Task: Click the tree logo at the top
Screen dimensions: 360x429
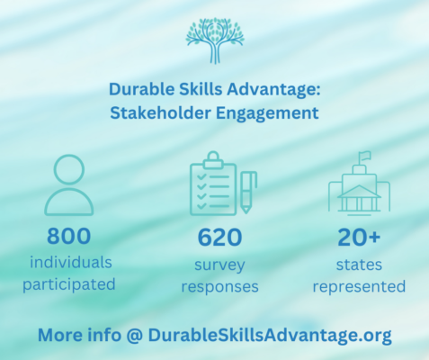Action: tap(214, 40)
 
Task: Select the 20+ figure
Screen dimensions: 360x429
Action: tap(365, 238)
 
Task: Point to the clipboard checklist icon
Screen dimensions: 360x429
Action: tap(221, 184)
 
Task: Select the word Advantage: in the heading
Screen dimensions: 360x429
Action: tap(278, 91)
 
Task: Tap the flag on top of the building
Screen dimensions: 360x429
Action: tap(364, 156)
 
